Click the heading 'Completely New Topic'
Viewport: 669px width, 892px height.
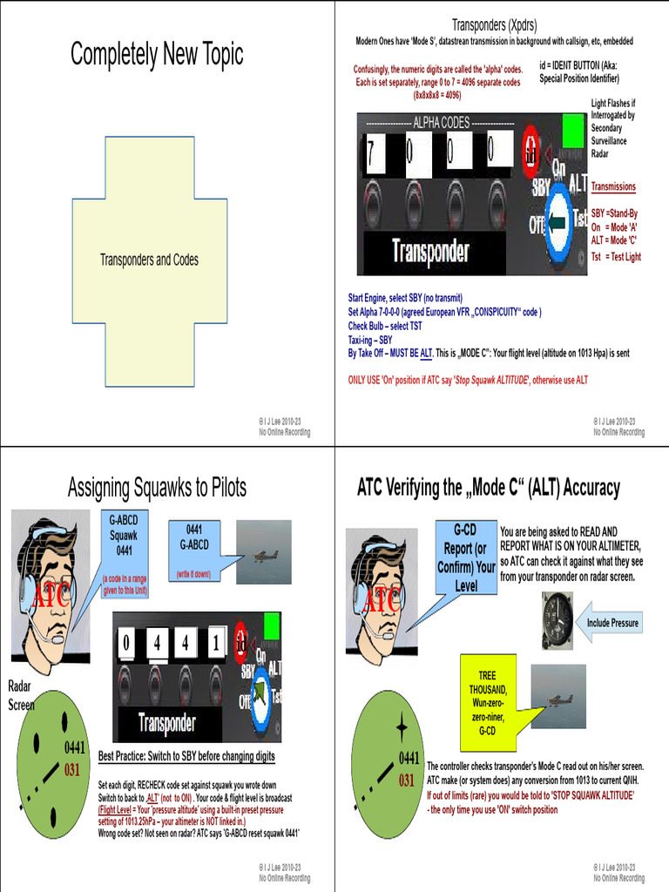click(157, 55)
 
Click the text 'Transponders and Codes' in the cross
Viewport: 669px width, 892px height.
click(149, 260)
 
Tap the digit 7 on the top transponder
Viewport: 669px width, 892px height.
click(371, 152)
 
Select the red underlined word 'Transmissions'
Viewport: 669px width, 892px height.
click(613, 186)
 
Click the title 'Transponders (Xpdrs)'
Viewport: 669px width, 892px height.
click(494, 24)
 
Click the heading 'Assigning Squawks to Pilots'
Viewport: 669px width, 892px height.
click(157, 488)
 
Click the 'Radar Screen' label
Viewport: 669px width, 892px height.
click(21, 695)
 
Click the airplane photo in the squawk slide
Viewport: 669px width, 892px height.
click(264, 553)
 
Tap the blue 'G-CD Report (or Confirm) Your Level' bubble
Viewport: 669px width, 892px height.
click(465, 557)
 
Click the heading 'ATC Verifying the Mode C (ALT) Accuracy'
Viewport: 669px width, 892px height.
click(489, 488)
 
